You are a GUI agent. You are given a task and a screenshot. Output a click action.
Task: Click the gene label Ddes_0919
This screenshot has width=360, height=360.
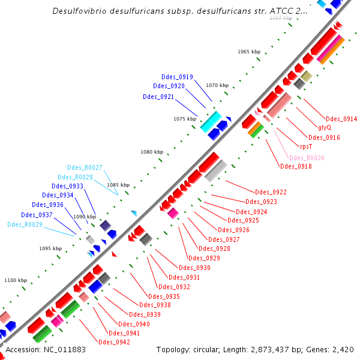tap(177, 77)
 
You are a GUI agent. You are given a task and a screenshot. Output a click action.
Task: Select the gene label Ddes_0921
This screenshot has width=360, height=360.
tap(158, 97)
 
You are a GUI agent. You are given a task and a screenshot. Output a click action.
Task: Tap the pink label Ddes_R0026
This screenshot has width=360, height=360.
tap(307, 158)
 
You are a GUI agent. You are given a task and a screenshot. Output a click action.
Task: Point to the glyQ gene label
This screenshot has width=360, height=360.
tap(324, 127)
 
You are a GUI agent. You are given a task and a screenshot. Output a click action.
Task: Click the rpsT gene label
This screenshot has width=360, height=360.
tap(306, 146)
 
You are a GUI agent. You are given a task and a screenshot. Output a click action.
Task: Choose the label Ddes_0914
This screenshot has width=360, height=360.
tap(341, 119)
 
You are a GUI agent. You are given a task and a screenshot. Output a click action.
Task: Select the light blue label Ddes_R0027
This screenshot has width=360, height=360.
tap(85, 167)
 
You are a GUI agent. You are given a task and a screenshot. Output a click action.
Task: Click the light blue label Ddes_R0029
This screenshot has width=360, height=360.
tap(25, 224)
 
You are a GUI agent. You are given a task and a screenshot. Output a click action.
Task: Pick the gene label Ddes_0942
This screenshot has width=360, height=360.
tap(114, 342)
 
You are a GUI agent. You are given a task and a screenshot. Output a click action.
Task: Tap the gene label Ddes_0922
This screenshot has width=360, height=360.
tap(271, 192)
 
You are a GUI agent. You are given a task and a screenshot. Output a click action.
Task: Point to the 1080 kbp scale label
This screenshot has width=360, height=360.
tap(152, 152)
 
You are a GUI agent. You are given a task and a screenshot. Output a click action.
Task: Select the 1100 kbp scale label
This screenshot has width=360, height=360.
tap(16, 280)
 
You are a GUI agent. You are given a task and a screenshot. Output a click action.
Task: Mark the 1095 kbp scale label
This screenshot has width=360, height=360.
tap(50, 248)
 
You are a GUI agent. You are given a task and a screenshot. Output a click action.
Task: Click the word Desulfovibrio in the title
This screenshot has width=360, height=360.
tap(81, 11)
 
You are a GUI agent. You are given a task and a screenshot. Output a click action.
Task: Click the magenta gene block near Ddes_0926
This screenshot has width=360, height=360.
tap(173, 213)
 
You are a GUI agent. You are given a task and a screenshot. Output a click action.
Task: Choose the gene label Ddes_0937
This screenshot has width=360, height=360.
tap(37, 215)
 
